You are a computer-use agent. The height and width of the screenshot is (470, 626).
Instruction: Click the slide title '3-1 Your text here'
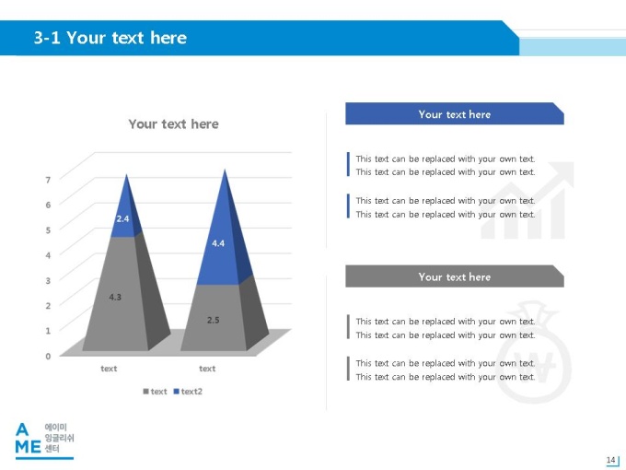110,38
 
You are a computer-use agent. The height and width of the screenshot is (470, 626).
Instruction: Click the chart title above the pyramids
173,123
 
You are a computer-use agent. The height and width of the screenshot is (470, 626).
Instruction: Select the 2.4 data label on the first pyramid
122,218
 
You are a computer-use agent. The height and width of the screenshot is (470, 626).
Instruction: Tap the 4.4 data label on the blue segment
218,243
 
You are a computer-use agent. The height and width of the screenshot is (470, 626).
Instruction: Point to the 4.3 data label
115,297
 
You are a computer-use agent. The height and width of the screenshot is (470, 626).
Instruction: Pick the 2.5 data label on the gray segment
214,320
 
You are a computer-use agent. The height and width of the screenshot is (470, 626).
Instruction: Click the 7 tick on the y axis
48,180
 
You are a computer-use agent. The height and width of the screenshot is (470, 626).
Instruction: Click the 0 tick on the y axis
48,356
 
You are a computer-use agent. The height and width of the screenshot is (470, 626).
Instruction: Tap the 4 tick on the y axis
48,255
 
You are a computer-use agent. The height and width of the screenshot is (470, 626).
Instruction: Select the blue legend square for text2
176,392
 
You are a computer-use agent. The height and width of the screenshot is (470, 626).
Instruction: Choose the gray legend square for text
145,392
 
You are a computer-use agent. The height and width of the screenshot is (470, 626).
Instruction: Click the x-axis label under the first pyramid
109,369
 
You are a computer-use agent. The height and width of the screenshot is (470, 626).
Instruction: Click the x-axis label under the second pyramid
207,369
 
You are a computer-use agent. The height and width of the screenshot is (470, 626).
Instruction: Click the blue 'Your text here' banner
455,114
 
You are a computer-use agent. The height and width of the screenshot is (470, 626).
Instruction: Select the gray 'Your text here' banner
455,276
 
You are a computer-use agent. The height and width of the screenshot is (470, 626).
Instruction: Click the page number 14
610,460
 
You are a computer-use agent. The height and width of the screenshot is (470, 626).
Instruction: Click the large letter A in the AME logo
22,429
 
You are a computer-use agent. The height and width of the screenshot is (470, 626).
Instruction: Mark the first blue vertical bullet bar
348,164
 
